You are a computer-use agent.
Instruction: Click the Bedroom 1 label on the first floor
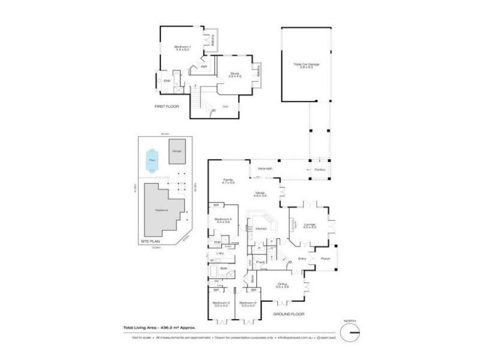(182, 47)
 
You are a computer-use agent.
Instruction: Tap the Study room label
(235, 74)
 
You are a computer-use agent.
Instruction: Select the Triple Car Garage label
(306, 65)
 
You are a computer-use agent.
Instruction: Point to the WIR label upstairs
(204, 67)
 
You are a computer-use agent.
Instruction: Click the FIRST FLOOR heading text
(167, 106)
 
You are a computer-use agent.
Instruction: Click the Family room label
(228, 181)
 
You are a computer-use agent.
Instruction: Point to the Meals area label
(260, 194)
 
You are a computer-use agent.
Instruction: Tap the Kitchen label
(261, 229)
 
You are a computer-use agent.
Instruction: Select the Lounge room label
(310, 226)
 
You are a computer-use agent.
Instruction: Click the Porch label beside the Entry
(325, 259)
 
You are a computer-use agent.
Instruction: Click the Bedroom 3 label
(221, 304)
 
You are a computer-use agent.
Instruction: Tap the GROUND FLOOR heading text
(289, 314)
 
